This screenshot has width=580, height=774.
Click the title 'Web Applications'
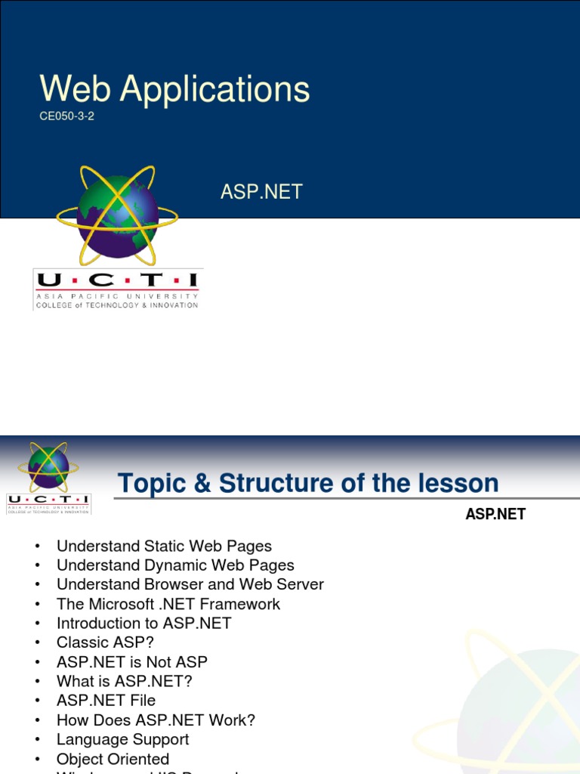pos(174,89)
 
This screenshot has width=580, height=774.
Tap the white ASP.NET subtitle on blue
pos(261,192)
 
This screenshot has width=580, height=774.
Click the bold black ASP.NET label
pos(495,515)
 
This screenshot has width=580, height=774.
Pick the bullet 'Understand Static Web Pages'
pos(164,546)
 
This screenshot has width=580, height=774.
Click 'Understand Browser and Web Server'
pos(190,584)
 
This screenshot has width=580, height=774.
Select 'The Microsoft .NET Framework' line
pos(168,604)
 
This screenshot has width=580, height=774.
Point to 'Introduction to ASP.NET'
pos(143,624)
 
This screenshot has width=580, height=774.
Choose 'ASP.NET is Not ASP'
pos(131,662)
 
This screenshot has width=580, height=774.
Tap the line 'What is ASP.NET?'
pos(124,681)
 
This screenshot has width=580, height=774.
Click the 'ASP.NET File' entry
pos(106,701)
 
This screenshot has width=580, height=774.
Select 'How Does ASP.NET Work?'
pos(156,720)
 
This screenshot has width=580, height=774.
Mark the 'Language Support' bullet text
pos(122,739)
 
